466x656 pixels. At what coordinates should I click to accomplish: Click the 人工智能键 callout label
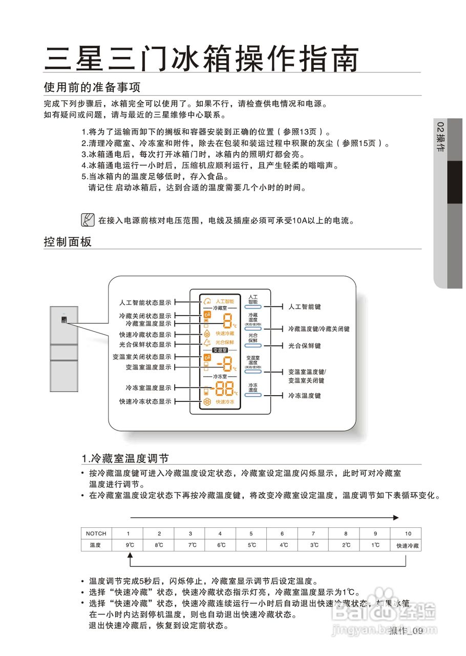304,306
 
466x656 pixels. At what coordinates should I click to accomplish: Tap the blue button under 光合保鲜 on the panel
253,346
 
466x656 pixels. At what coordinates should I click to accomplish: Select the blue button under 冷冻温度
253,395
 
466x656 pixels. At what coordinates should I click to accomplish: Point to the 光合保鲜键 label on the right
304,346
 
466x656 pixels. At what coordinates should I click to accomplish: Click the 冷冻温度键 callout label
304,396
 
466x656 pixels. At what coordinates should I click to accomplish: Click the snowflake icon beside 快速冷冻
207,402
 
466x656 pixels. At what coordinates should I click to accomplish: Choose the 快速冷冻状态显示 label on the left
145,401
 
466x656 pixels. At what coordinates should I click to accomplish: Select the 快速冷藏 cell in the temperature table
408,546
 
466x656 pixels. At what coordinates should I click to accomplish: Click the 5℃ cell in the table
251,546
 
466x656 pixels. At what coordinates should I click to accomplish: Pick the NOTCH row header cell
96,534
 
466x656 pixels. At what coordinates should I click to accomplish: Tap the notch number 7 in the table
313,534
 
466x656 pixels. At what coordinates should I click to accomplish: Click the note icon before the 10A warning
88,220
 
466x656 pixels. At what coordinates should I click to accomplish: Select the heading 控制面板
68,241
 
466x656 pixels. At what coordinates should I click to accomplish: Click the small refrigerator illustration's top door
64,324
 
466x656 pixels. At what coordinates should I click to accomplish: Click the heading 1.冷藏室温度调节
125,458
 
